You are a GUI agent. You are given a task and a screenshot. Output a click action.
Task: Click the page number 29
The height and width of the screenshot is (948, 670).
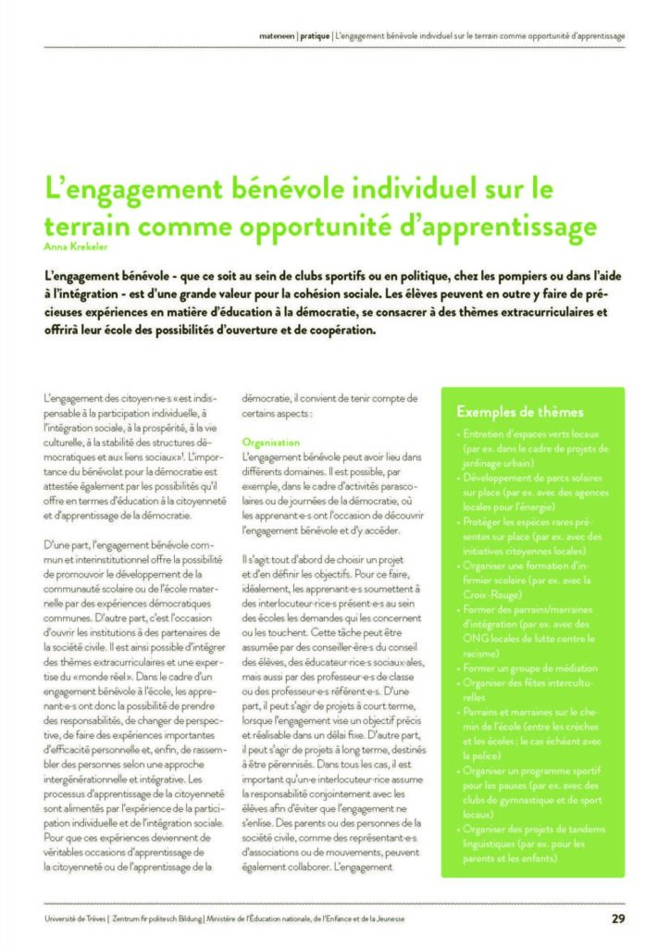coord(617,918)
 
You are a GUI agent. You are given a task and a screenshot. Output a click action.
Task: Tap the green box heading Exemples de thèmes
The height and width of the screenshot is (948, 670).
coord(520,412)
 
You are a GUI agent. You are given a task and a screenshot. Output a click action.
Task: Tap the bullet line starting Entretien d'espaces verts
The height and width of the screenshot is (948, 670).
coord(533,434)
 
